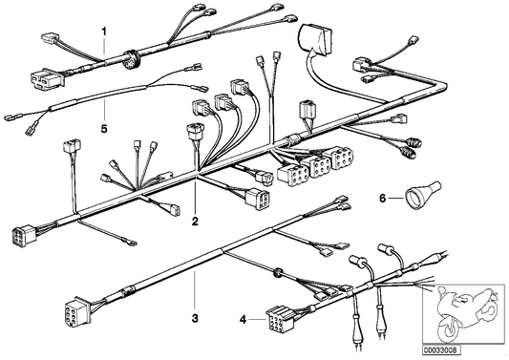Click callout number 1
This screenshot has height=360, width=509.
coord(104,31)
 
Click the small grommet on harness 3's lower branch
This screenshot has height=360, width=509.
coord(278,273)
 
